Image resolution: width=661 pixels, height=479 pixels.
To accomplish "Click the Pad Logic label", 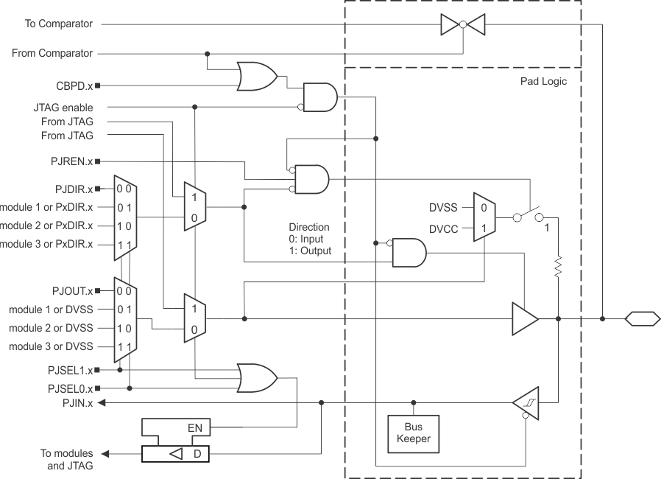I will (x=543, y=81).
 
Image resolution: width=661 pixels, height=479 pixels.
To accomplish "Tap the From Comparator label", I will (x=52, y=52).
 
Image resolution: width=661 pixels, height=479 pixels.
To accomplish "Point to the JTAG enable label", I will (x=67, y=108).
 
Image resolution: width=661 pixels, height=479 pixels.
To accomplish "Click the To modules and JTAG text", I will (x=66, y=458).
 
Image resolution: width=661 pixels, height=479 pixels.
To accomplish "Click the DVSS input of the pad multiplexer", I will (x=444, y=207).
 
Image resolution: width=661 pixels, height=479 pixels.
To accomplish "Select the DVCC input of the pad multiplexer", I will (x=444, y=228).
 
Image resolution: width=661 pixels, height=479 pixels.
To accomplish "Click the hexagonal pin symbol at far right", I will (x=640, y=318).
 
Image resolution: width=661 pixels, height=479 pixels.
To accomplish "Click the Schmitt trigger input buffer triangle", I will (x=525, y=402).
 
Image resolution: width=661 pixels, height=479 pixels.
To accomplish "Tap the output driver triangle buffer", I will (x=523, y=318).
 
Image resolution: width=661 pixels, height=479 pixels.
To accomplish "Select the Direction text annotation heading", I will (x=309, y=228).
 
